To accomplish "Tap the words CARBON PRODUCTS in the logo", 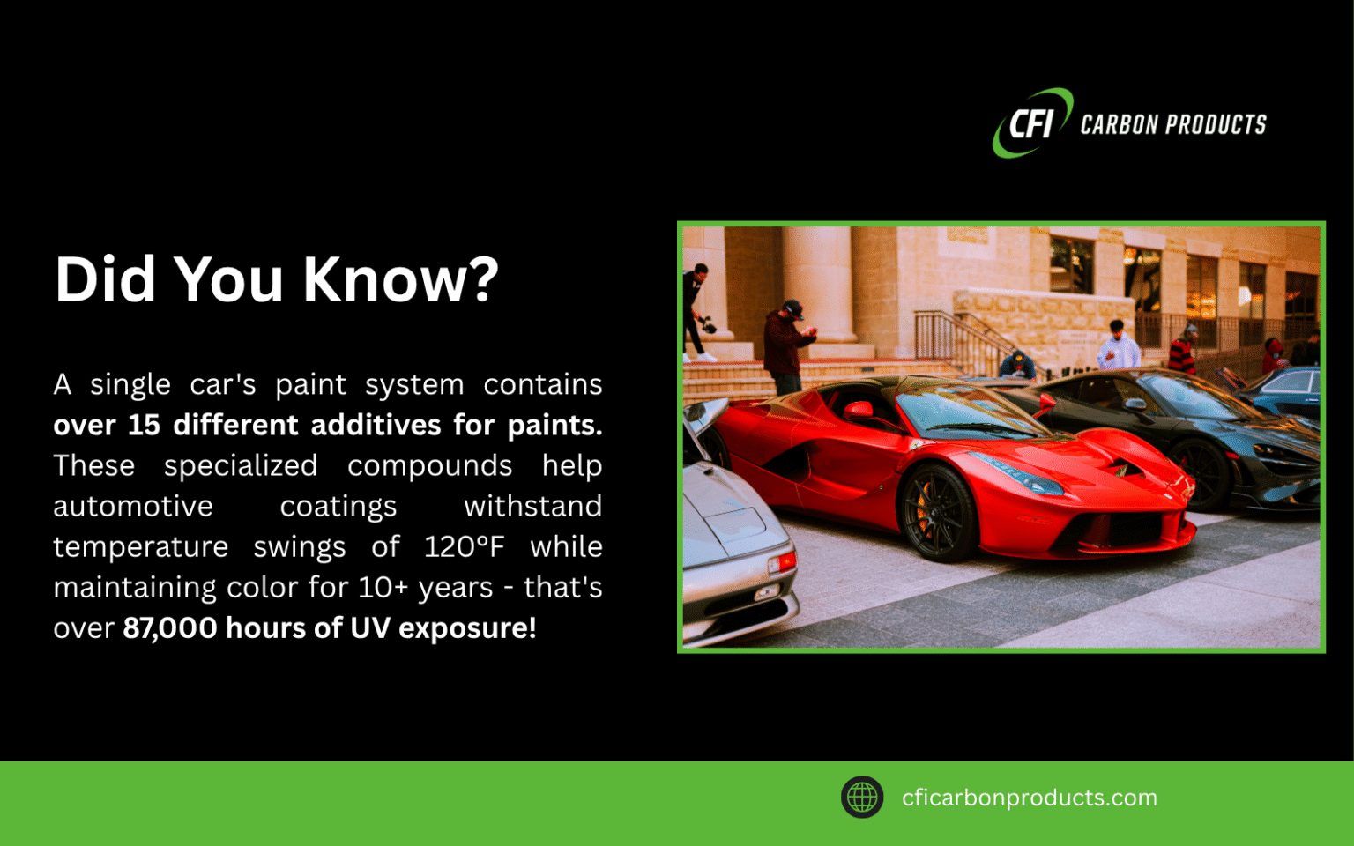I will [1172, 125].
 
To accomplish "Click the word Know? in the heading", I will [401, 280].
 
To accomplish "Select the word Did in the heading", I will [106, 280].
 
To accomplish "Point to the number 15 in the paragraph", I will [144, 426].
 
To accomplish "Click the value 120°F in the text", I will [464, 547].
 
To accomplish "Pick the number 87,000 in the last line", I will [169, 628].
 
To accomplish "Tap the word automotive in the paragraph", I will [133, 507].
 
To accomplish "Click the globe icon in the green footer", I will [862, 798].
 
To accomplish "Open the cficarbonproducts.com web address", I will [1029, 798].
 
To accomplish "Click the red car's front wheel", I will [936, 511].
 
